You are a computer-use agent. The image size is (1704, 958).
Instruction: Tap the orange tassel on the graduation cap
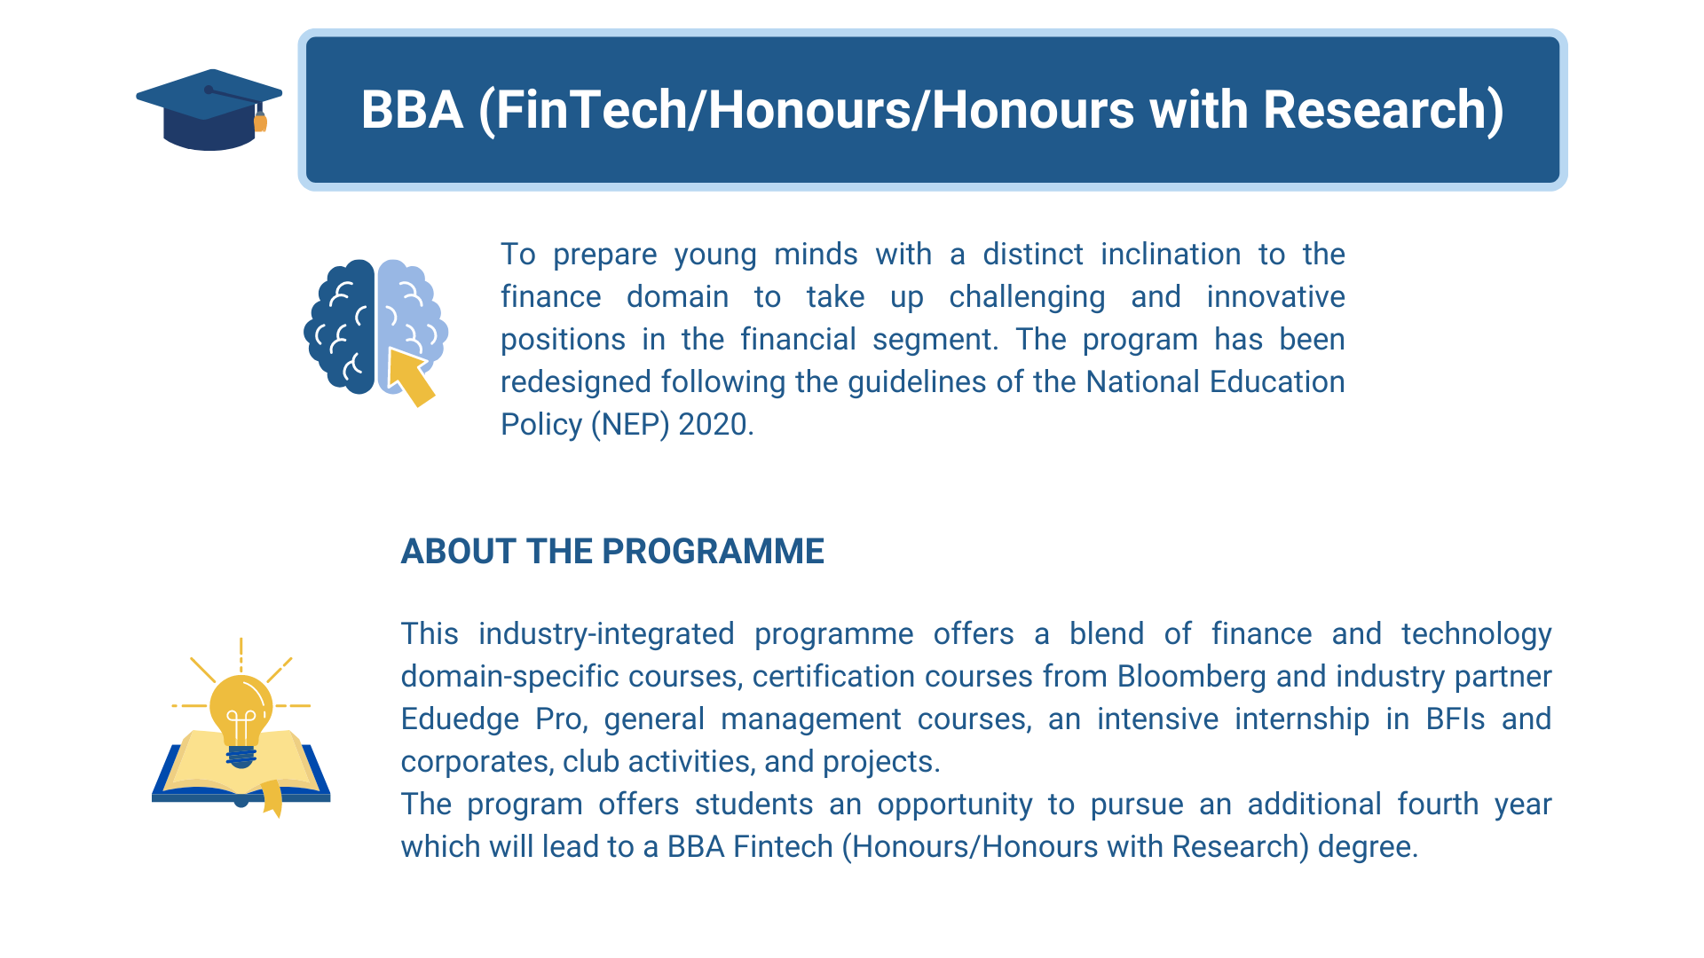pos(261,122)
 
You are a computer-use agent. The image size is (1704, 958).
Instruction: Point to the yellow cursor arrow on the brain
pos(410,375)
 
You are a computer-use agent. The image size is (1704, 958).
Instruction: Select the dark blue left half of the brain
pos(342,326)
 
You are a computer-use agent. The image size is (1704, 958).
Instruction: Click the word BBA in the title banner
pos(412,110)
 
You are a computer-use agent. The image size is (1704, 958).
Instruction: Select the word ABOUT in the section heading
pos(458,552)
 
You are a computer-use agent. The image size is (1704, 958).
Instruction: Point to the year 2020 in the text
pos(714,425)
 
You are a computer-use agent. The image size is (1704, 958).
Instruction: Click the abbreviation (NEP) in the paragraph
pos(630,425)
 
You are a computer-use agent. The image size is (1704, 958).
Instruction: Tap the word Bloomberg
pos(1191,677)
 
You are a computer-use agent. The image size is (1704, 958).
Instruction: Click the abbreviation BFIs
pos(1455,719)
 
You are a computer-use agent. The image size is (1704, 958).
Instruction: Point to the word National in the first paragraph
pos(1143,382)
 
